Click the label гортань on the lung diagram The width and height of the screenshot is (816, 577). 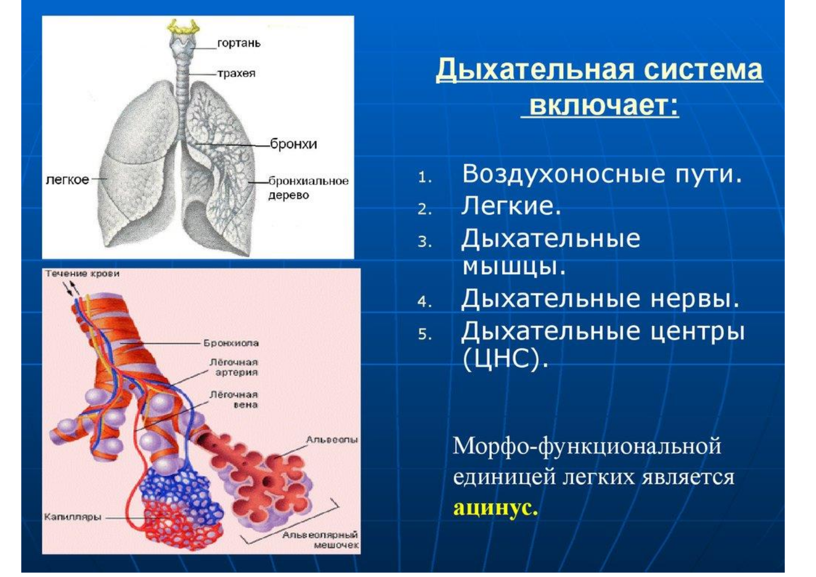click(x=239, y=44)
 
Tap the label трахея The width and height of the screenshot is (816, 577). click(x=236, y=73)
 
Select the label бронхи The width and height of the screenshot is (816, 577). click(x=294, y=144)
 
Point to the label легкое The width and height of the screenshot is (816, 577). click(x=67, y=179)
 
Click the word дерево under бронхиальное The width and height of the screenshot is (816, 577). click(x=288, y=196)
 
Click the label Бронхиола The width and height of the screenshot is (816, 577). click(x=231, y=343)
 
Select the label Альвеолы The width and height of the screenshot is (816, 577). click(x=332, y=440)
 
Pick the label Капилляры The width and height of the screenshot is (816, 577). click(x=73, y=517)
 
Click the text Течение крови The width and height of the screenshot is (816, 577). click(x=83, y=274)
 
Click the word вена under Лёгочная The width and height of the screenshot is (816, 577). click(x=246, y=405)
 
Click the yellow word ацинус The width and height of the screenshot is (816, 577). click(x=495, y=508)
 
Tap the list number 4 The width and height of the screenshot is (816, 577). click(x=425, y=302)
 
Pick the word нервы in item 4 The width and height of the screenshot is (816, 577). click(x=695, y=299)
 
